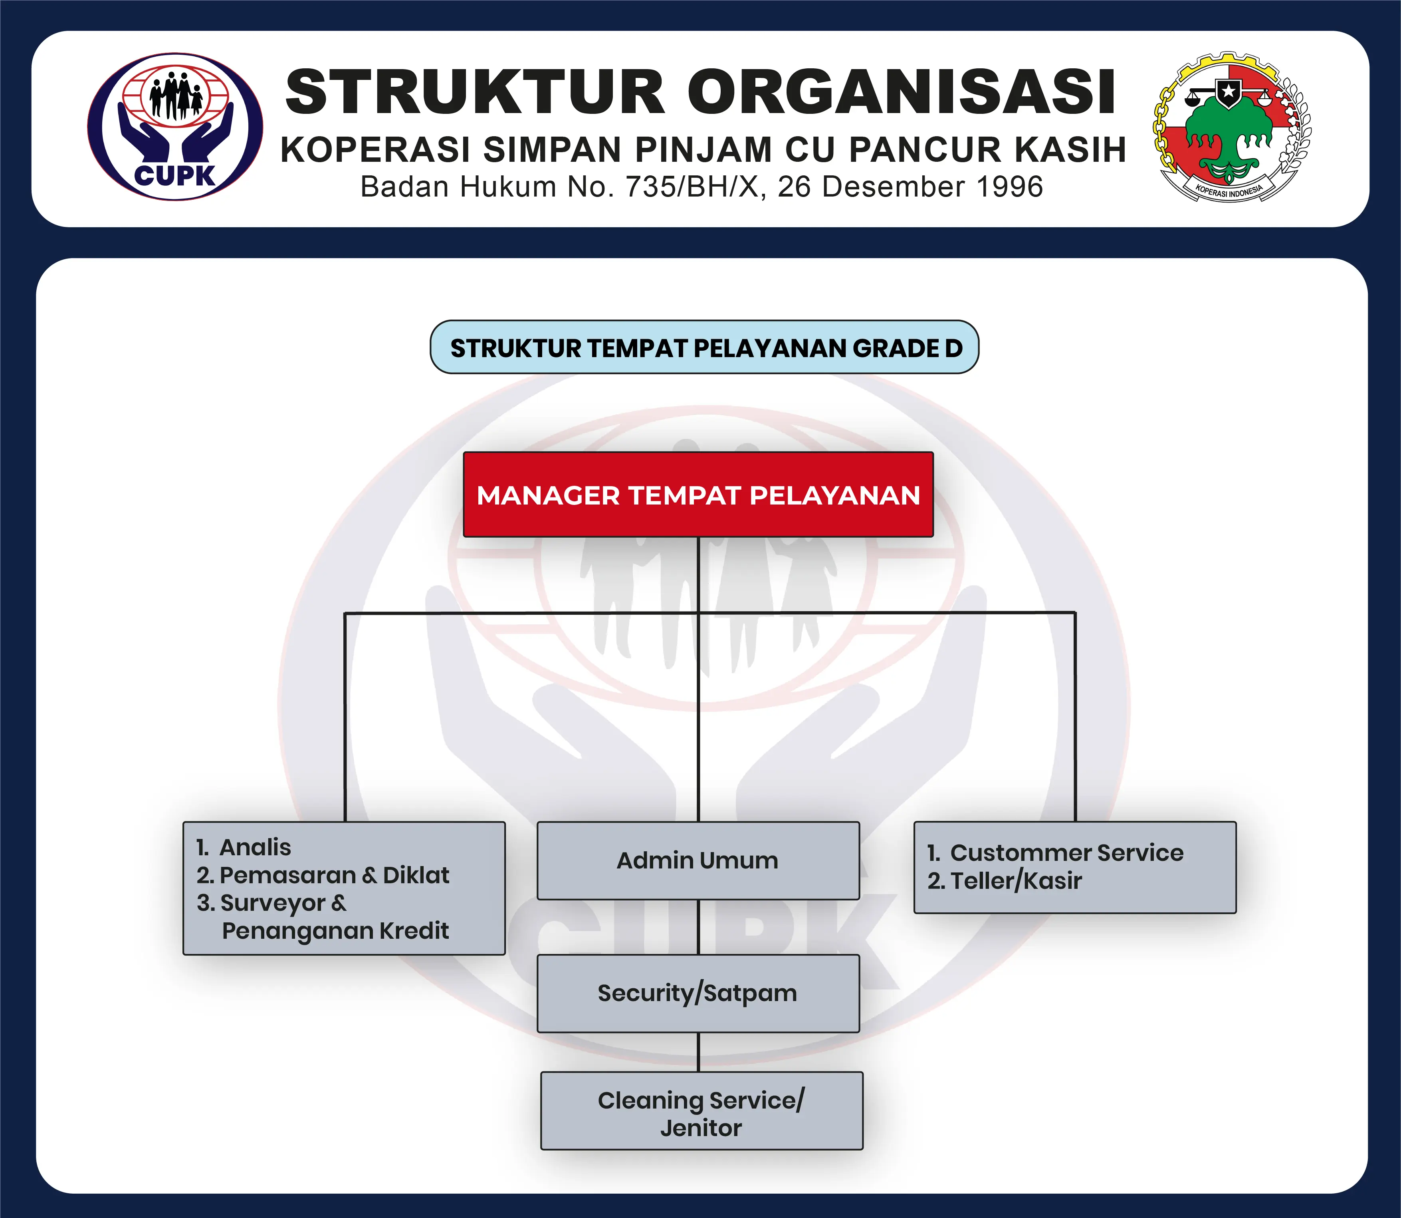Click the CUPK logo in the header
tap(175, 127)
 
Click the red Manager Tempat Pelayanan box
tap(698, 495)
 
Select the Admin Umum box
tap(698, 860)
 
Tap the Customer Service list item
tap(1055, 852)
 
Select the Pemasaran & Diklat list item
tap(323, 875)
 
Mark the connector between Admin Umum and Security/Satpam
tap(698, 928)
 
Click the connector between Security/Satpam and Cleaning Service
tap(698, 1052)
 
